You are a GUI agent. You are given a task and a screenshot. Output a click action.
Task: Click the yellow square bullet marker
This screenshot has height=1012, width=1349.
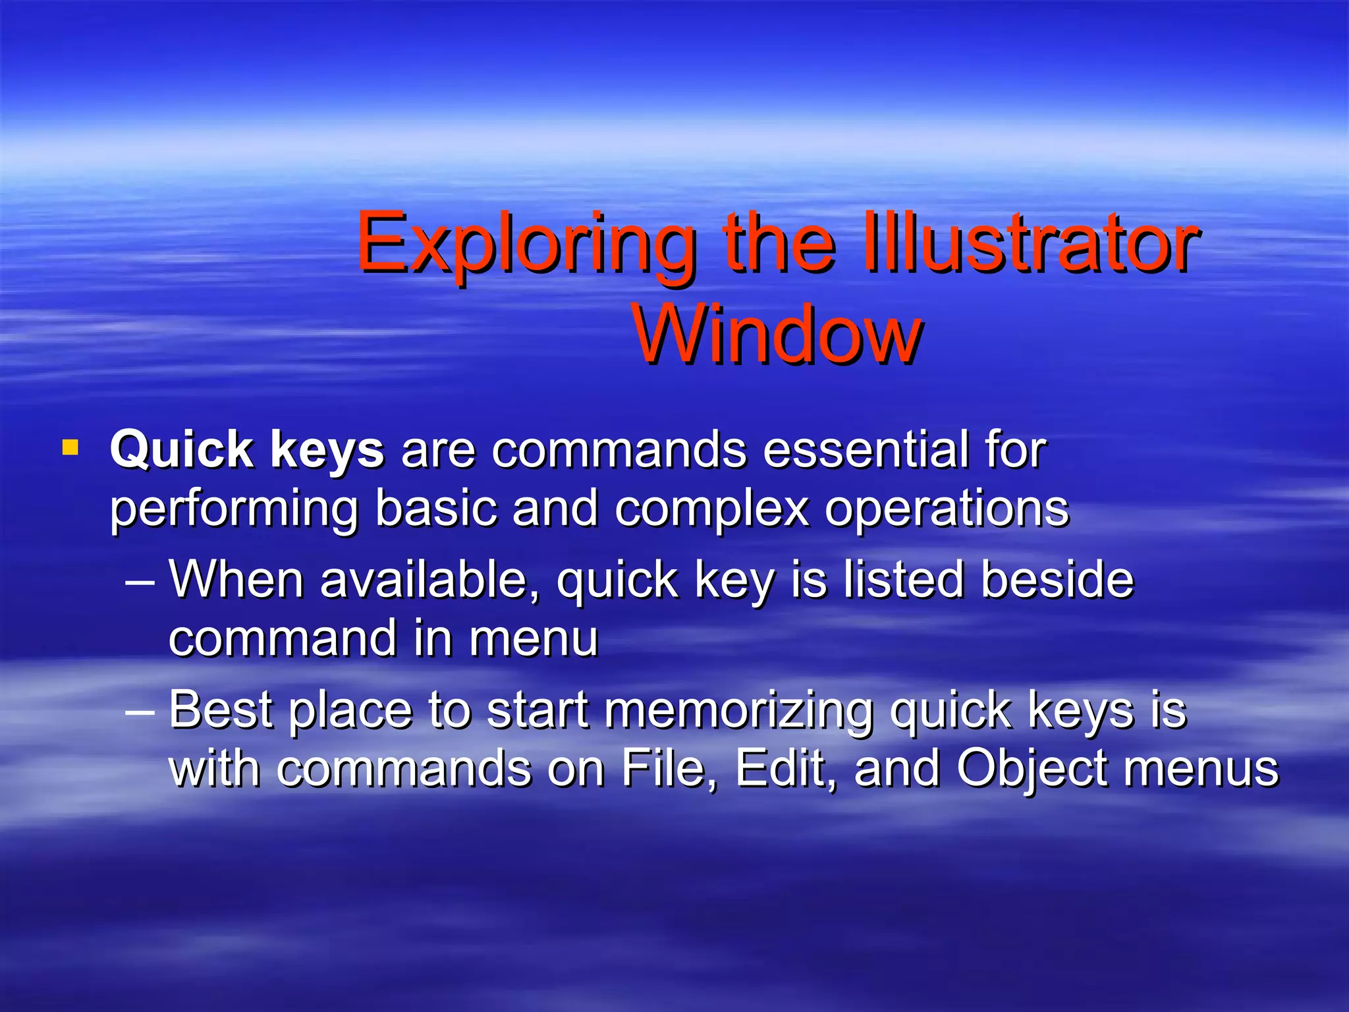pyautogui.click(x=70, y=449)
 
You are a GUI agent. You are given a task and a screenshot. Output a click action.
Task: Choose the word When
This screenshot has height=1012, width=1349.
pyautogui.click(x=236, y=579)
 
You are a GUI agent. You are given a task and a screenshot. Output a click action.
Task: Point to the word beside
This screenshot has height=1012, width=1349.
pyautogui.click(x=1057, y=579)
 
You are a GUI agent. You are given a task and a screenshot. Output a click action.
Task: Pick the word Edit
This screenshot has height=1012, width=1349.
pyautogui.click(x=785, y=768)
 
